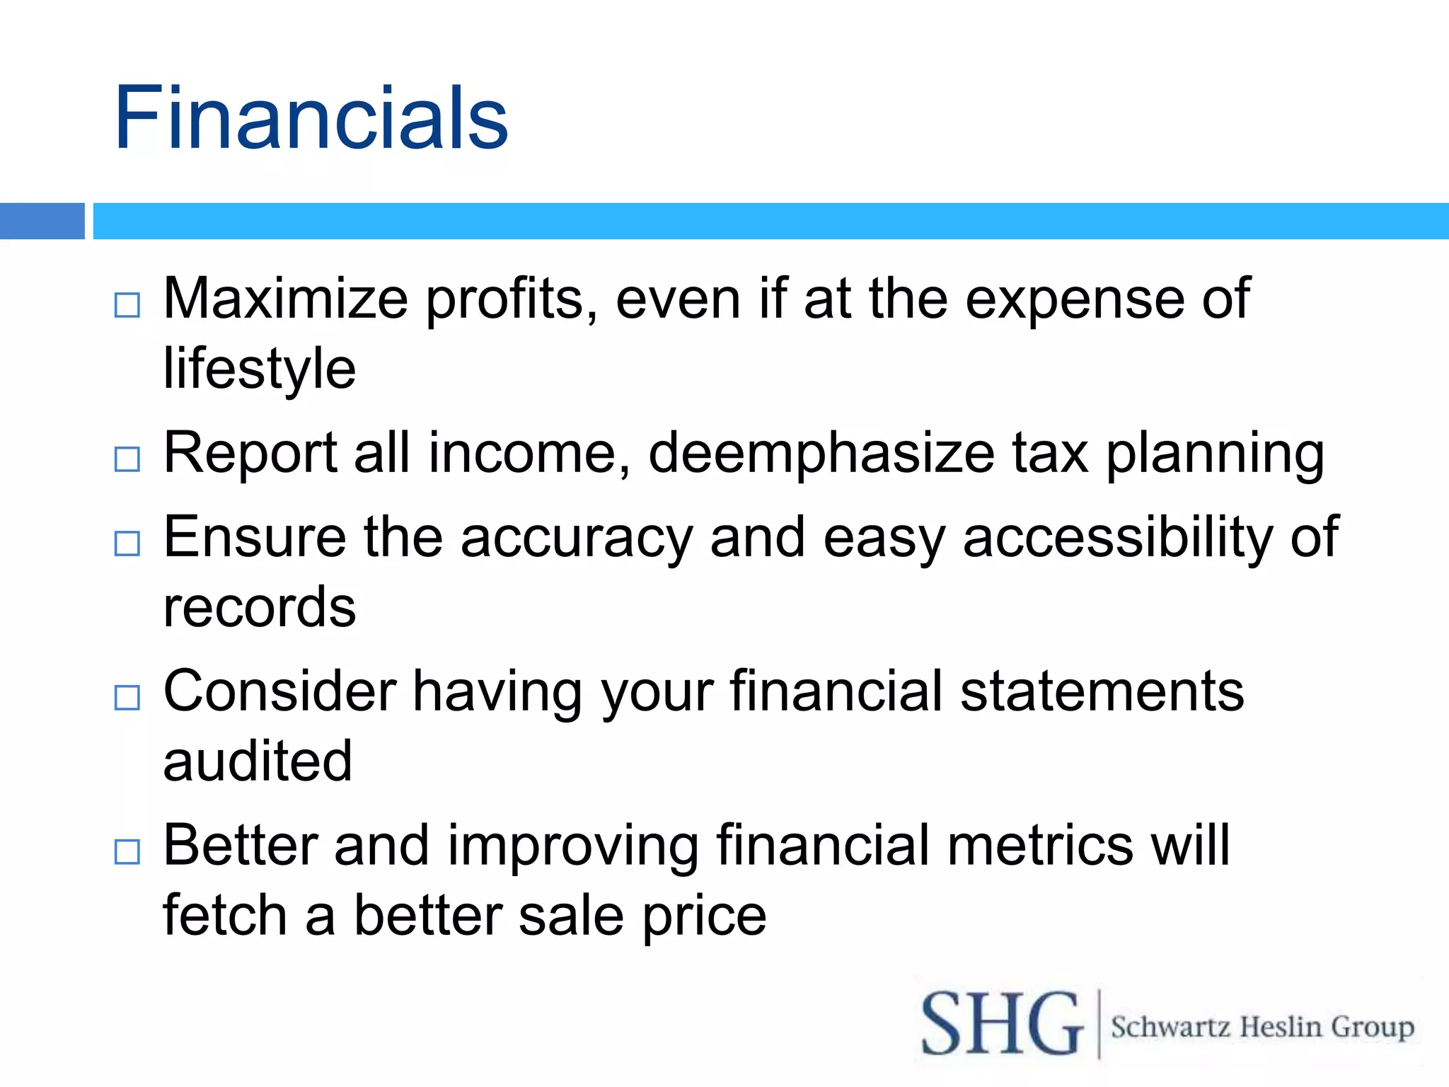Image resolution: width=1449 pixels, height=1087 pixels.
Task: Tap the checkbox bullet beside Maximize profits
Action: (x=127, y=305)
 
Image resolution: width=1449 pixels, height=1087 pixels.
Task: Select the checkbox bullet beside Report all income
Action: (x=127, y=459)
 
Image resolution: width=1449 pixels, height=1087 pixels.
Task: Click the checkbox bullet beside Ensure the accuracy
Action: (x=127, y=543)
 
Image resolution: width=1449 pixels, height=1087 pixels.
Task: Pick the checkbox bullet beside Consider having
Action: (x=127, y=698)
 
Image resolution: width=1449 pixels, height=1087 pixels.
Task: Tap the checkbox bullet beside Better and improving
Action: (x=127, y=851)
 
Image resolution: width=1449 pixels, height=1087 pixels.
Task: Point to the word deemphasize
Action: (x=821, y=453)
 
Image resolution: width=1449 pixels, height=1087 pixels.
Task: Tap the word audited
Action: (x=258, y=761)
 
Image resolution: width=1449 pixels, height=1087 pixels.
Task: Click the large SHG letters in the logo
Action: (x=1002, y=1024)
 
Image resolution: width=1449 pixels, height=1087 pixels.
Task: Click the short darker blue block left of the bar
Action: (x=42, y=221)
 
